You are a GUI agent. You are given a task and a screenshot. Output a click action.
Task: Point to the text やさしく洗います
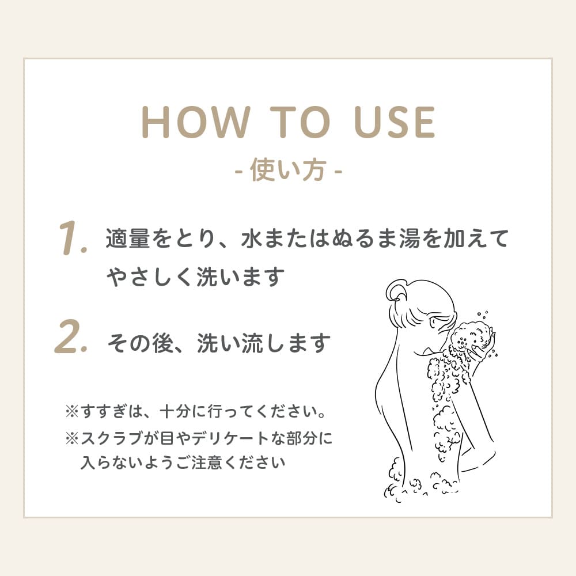pos(196,278)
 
